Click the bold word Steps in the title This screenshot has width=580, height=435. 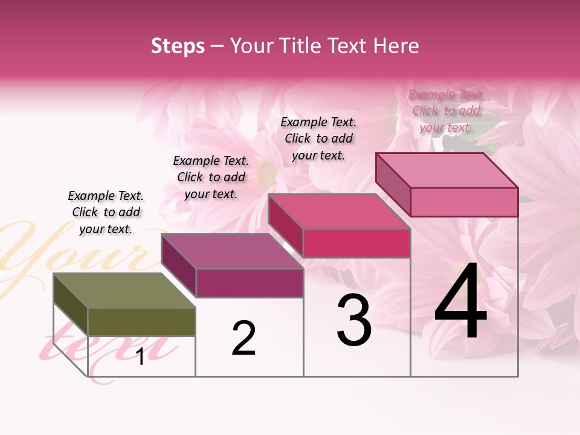pyautogui.click(x=178, y=46)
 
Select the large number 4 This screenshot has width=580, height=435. pyautogui.click(x=460, y=302)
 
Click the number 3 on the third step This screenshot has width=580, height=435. pyautogui.click(x=354, y=320)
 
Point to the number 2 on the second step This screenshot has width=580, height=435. pyautogui.click(x=243, y=338)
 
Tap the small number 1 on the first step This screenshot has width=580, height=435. pyautogui.click(x=140, y=357)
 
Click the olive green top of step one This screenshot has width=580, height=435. pyautogui.click(x=124, y=291)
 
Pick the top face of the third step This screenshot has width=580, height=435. pyautogui.click(x=339, y=211)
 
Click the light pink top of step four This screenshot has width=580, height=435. pyautogui.click(x=447, y=170)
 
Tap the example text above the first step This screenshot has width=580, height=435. pyautogui.click(x=106, y=212)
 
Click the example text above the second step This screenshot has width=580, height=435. pyautogui.click(x=211, y=177)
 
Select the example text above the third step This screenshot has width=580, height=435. pyautogui.click(x=318, y=138)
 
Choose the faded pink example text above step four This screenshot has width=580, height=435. pyautogui.click(x=446, y=111)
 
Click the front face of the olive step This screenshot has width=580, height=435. pyautogui.click(x=141, y=321)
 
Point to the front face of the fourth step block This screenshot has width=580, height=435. pyautogui.click(x=464, y=202)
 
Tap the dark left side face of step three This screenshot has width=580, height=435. pyautogui.click(x=285, y=227)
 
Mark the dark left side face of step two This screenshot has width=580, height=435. pyautogui.click(x=178, y=266)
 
